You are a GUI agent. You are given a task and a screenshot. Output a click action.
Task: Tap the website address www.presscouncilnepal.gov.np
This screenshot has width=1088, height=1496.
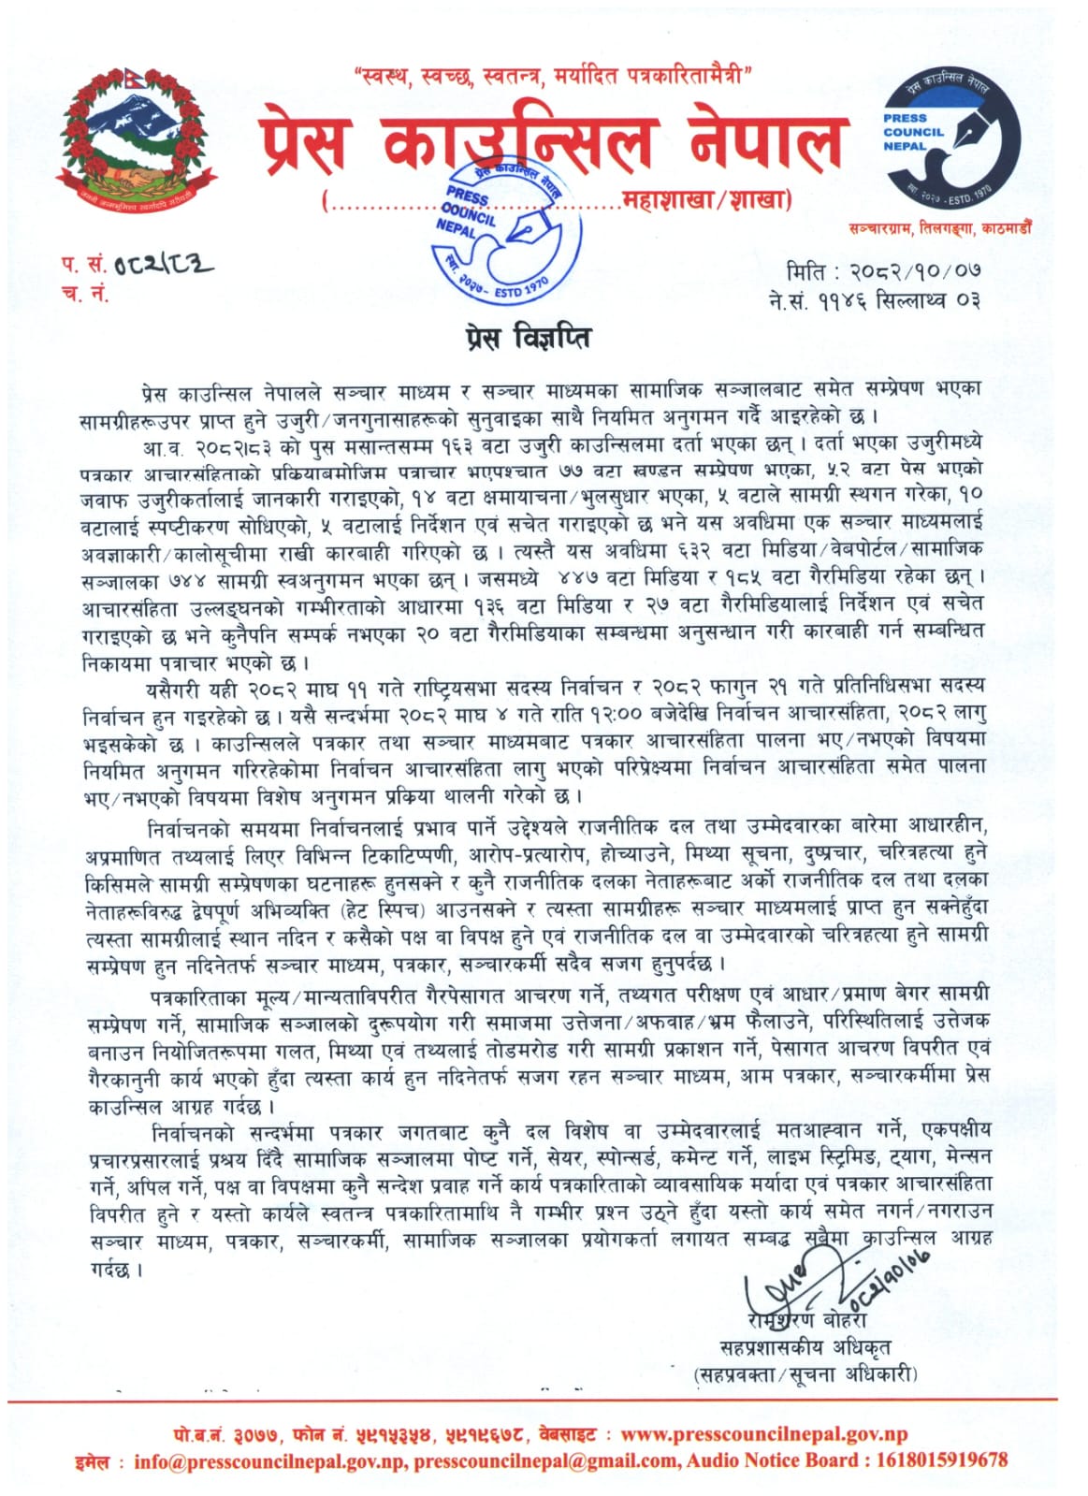coord(764,1434)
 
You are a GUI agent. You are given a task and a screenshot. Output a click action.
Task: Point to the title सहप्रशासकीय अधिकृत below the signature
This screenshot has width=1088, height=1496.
coord(805,1347)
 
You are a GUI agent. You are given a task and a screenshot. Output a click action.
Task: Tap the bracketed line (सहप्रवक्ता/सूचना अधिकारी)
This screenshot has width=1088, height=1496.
coord(805,1373)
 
